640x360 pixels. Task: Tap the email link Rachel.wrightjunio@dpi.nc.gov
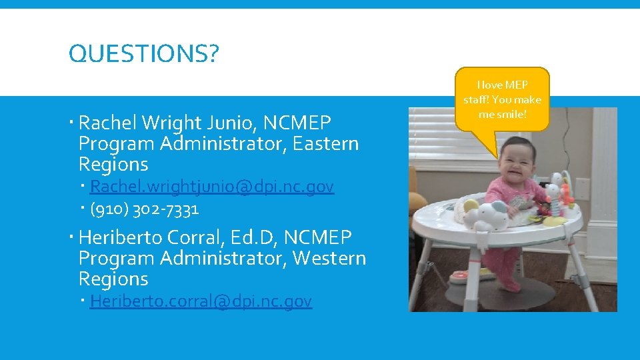[211, 187]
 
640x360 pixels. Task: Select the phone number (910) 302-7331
[144, 209]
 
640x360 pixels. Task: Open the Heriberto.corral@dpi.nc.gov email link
[201, 301]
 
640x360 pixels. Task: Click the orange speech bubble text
[502, 99]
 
